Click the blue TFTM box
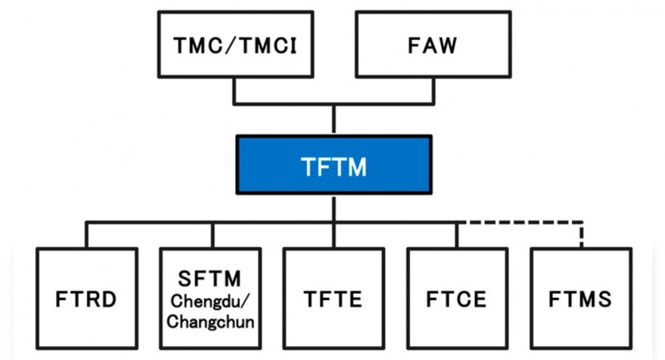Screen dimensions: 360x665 (x=333, y=164)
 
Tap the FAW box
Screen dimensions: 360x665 (x=432, y=45)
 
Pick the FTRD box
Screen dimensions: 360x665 (x=86, y=298)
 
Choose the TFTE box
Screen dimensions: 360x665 (x=334, y=298)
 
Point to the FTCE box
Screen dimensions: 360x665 (x=457, y=298)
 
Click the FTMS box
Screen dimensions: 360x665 (x=581, y=298)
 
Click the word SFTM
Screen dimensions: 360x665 (x=210, y=279)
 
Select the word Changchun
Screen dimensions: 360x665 (x=210, y=322)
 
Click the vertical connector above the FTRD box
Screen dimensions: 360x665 (x=86, y=235)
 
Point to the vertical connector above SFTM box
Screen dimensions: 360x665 (x=212, y=235)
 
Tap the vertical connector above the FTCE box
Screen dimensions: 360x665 (x=457, y=235)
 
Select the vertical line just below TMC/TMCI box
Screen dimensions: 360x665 (x=234, y=90)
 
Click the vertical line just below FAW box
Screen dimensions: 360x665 (x=433, y=90)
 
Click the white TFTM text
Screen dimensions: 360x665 (x=333, y=166)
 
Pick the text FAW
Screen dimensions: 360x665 (x=432, y=46)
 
